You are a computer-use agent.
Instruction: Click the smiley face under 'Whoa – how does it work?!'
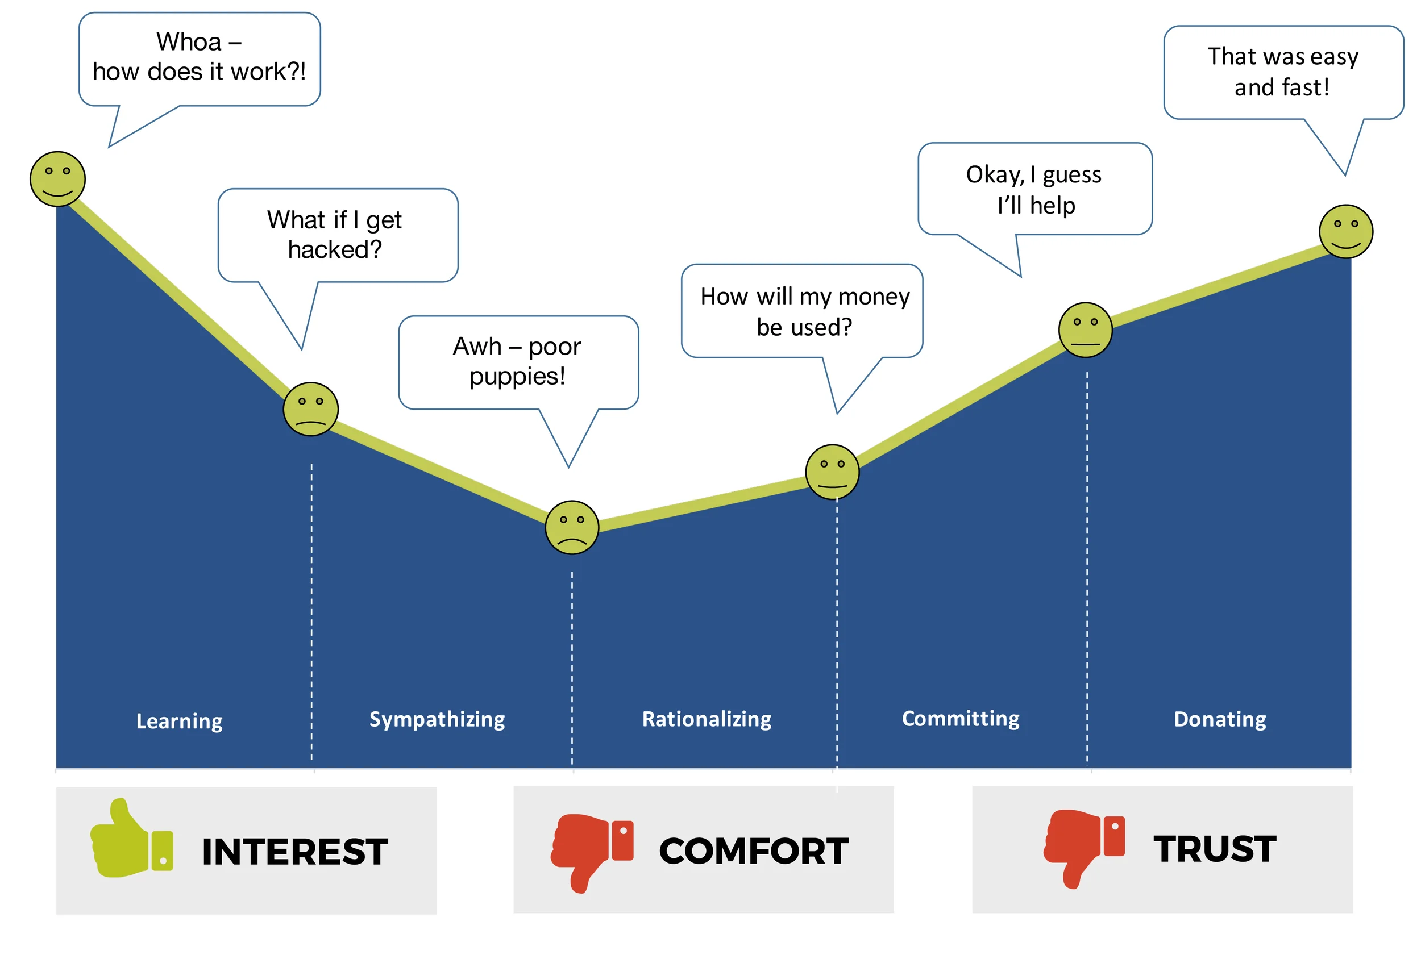(57, 179)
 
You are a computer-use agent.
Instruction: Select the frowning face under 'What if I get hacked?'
(310, 409)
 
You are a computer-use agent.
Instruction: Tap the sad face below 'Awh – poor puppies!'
(572, 527)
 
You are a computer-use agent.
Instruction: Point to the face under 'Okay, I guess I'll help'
(1085, 330)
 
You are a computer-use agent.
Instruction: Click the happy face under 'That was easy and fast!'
(1346, 232)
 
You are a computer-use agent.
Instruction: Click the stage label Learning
(179, 721)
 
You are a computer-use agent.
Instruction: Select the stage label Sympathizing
(437, 719)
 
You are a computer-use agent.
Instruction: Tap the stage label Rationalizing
(707, 719)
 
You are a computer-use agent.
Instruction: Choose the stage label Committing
(961, 719)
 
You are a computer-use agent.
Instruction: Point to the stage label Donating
(1220, 719)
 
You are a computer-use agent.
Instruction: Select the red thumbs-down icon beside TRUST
(1083, 847)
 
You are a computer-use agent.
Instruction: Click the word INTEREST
(295, 852)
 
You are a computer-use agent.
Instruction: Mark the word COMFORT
(754, 852)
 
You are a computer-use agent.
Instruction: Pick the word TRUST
(1215, 849)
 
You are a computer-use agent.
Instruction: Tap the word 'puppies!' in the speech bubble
(517, 377)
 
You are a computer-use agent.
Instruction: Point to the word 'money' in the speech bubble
(875, 297)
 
